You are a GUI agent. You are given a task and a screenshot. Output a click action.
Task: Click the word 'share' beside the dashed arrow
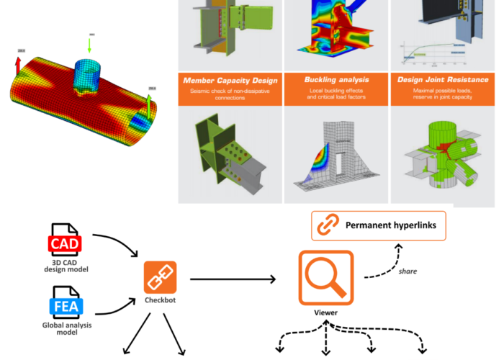pyautogui.click(x=408, y=271)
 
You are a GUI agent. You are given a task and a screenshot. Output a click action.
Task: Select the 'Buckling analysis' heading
pyautogui.click(x=328, y=80)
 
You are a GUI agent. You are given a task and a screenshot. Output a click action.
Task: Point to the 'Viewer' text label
pyautogui.click(x=325, y=313)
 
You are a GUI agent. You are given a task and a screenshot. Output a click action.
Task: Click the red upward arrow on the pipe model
pyautogui.click(x=19, y=63)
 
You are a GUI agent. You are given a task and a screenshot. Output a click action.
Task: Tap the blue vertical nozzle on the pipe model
pyautogui.click(x=91, y=73)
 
